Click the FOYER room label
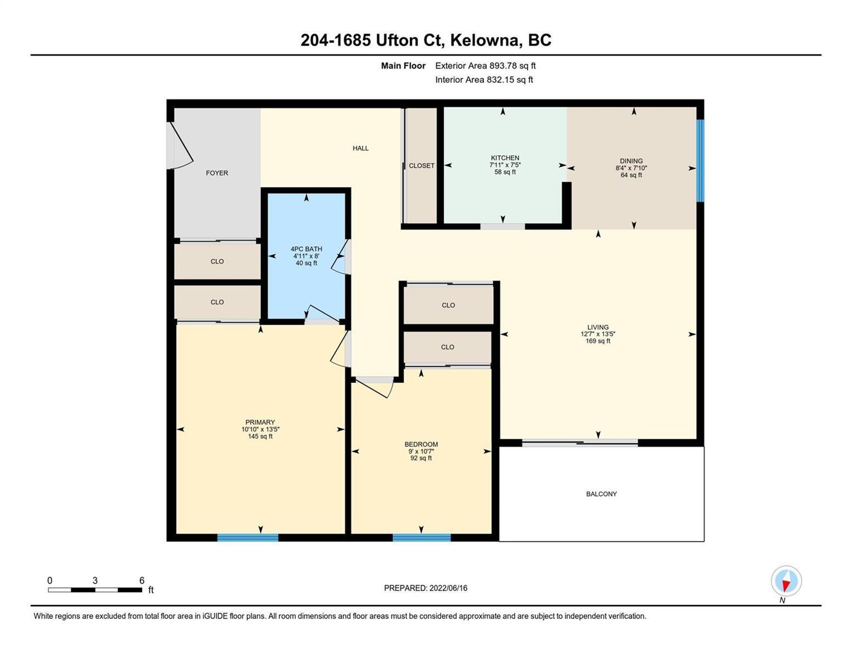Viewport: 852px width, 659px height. click(217, 173)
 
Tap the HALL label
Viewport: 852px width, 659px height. click(360, 148)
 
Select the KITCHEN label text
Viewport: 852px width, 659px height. click(505, 158)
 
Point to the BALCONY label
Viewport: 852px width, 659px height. click(601, 494)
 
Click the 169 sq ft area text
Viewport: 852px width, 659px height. click(598, 341)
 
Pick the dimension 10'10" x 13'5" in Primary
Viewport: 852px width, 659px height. click(261, 429)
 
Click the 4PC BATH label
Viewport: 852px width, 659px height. click(306, 249)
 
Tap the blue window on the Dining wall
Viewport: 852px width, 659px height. click(700, 160)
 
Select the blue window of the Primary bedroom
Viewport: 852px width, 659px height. click(248, 538)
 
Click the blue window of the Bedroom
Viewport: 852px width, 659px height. click(421, 538)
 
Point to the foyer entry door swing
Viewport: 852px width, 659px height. click(180, 146)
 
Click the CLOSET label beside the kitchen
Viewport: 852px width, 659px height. click(421, 166)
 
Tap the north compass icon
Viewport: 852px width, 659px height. click(786, 581)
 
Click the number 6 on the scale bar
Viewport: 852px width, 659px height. click(142, 580)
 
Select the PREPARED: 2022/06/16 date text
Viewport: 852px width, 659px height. click(425, 588)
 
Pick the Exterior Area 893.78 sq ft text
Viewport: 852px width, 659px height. click(486, 66)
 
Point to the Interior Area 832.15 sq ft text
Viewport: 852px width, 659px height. click(484, 80)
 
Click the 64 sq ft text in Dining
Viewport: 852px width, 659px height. click(631, 175)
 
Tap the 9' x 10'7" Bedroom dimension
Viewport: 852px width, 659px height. click(421, 451)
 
